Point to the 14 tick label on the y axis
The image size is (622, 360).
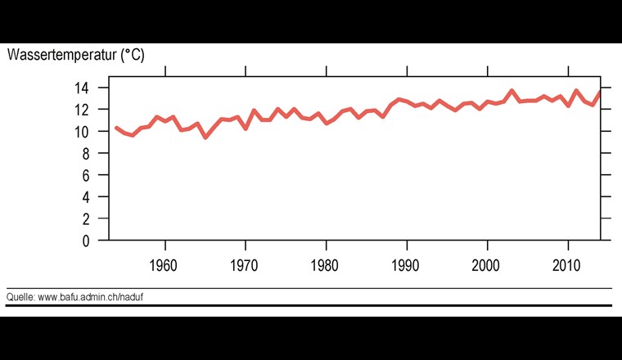click(92, 88)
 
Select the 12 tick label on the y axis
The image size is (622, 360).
click(92, 110)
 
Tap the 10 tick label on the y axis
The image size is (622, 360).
click(92, 132)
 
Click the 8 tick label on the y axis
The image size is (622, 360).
click(95, 154)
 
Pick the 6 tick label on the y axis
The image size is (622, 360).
click(95, 175)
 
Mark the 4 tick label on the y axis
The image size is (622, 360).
click(95, 197)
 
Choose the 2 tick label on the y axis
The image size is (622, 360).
click(95, 219)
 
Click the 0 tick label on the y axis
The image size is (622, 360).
click(95, 241)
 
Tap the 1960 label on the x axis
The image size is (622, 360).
click(165, 267)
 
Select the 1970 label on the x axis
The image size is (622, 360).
click(246, 267)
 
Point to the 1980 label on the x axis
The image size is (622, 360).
click(326, 267)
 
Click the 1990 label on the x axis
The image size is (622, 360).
click(407, 267)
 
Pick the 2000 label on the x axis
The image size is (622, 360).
click(487, 267)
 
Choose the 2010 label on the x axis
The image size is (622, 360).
click(567, 267)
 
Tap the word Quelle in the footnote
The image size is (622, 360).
click(20, 296)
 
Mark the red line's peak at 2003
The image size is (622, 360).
click(512, 91)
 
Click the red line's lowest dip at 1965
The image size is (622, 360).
click(205, 137)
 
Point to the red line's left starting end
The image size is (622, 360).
click(116, 128)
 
